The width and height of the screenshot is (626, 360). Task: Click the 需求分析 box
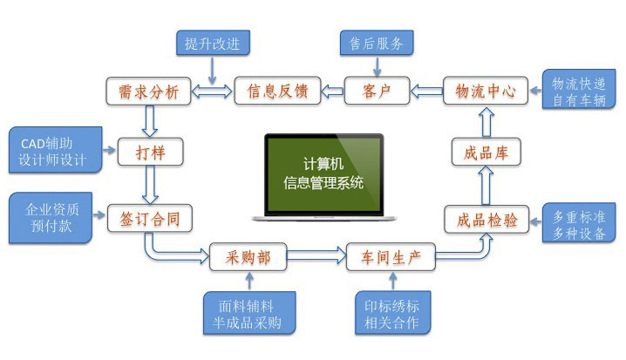coord(147,91)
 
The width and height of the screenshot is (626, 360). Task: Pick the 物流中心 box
coord(486,91)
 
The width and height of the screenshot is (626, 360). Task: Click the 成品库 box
coord(486,154)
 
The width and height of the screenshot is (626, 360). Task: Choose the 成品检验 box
coord(486,220)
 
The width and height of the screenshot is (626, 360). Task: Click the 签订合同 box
coord(149,218)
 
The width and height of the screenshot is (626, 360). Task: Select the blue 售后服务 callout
coord(376,42)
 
